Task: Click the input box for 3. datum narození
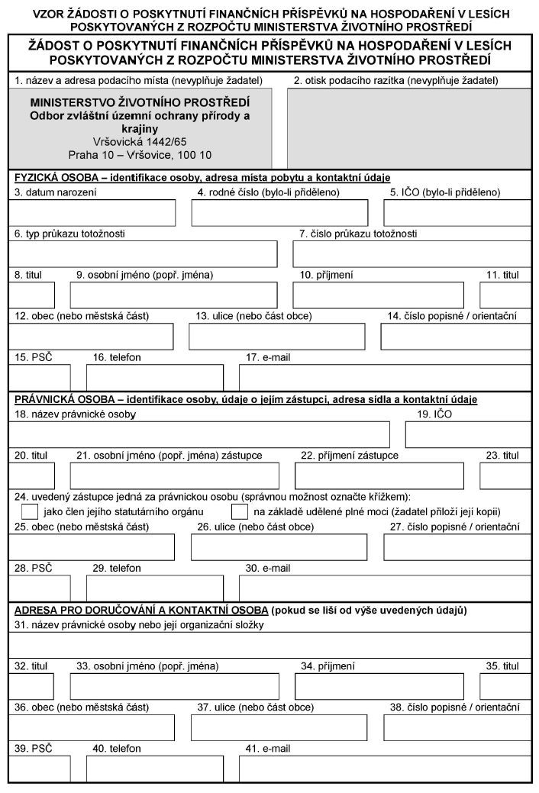(91, 213)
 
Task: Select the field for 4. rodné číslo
(279, 213)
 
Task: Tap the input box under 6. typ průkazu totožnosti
(144, 253)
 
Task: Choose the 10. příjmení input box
(379, 295)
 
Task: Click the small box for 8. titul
(31, 295)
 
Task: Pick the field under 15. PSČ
(39, 377)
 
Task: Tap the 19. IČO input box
(468, 434)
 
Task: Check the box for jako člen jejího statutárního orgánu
(30, 511)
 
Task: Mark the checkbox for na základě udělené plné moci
(240, 511)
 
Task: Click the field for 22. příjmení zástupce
(379, 475)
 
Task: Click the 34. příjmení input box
(379, 686)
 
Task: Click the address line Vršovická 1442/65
(140, 142)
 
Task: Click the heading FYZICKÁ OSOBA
(54, 178)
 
